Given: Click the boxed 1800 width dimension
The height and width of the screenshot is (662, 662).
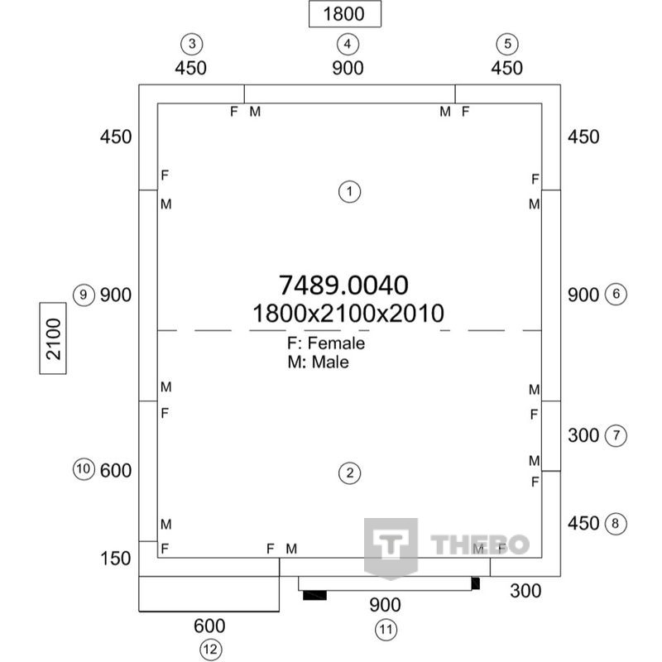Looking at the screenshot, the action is (345, 14).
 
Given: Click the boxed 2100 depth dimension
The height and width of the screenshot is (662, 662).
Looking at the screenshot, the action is (53, 338).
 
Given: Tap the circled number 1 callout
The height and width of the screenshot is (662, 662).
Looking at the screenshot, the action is (349, 192).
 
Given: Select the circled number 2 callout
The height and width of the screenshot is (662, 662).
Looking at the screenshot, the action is (349, 473).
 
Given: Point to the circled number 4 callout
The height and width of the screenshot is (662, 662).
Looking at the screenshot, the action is (348, 44).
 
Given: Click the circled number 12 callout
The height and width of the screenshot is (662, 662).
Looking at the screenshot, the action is (210, 650).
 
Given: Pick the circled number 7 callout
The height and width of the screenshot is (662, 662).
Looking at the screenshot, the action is (616, 435).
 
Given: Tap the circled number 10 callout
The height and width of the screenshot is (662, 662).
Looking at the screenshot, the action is (84, 469).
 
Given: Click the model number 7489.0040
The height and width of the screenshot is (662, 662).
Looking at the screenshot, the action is (343, 285).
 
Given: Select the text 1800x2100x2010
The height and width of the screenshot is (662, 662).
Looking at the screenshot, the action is (348, 314).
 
